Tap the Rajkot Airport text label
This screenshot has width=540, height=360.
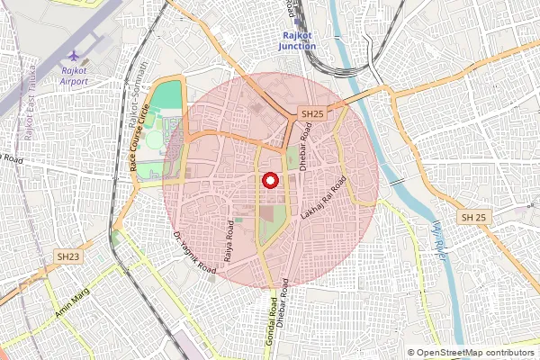(x=74, y=75)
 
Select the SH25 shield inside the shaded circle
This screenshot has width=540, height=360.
(x=312, y=114)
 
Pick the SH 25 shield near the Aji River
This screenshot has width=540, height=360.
(x=473, y=219)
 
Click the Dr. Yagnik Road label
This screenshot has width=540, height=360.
(x=194, y=253)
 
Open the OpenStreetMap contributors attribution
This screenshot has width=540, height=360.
(x=475, y=353)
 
